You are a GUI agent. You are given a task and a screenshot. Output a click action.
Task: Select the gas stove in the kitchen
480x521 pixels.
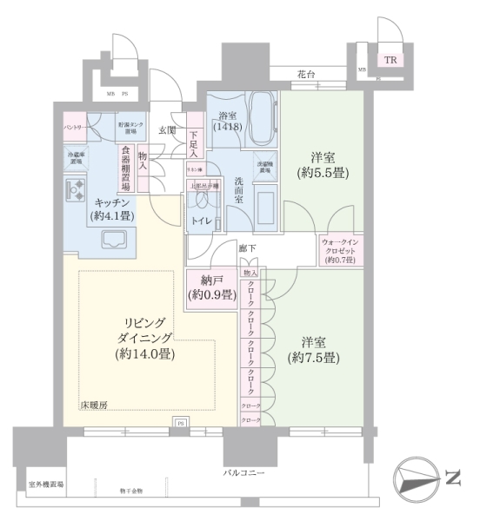click(x=76, y=188)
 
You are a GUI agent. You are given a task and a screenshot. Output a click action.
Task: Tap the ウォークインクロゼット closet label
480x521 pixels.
click(x=341, y=250)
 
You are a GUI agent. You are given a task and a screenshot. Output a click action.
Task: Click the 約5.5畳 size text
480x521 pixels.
click(x=323, y=172)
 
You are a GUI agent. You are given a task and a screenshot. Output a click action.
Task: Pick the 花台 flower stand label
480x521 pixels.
click(x=303, y=76)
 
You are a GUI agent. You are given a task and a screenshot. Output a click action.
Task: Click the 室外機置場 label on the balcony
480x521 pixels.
click(x=46, y=485)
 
